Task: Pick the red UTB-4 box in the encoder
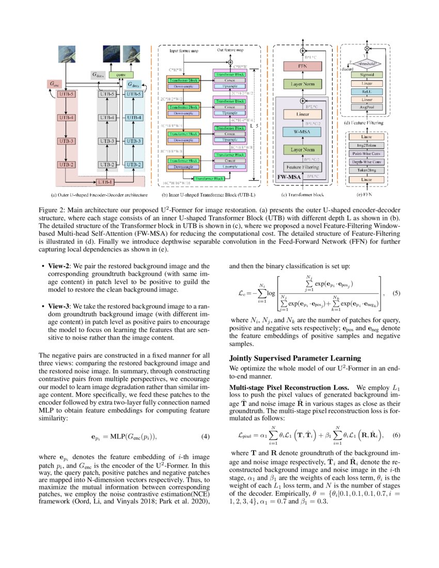66,118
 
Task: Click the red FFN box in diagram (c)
302,67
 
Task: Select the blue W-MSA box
302,132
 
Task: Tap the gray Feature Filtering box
302,167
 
